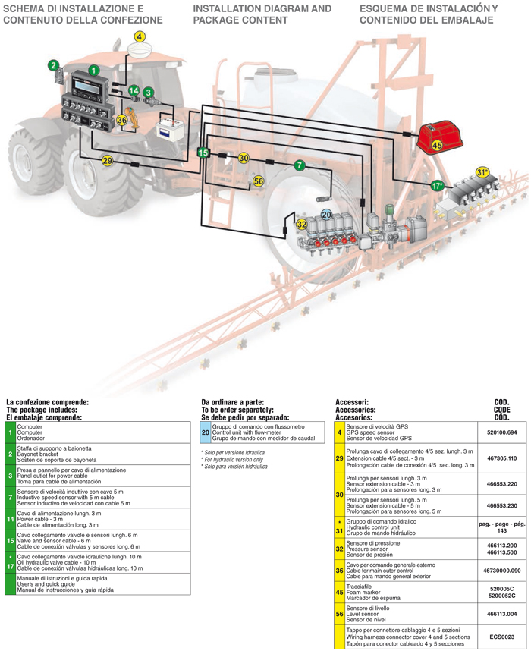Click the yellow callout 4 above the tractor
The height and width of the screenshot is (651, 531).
coord(140,36)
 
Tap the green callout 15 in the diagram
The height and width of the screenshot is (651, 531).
coord(203,153)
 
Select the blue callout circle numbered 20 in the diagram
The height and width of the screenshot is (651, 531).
coord(326,215)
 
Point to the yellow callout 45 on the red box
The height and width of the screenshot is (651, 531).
coord(437,144)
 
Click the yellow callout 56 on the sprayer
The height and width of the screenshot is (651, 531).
coord(258,181)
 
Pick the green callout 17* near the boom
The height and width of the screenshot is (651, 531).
coord(437,184)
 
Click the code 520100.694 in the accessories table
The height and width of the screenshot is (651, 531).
coord(501,432)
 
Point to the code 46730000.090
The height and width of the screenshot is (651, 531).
coord(501,570)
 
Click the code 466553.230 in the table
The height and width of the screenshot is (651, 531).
coord(501,505)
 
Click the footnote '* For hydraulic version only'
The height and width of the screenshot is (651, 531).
coord(231,459)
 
